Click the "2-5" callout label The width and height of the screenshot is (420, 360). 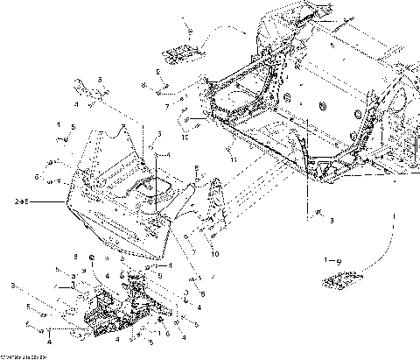coord(23,201)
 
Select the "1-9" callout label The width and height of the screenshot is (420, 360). coord(332,260)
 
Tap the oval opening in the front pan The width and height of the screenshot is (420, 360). coord(147,185)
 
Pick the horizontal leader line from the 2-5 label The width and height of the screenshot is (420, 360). coord(48,201)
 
